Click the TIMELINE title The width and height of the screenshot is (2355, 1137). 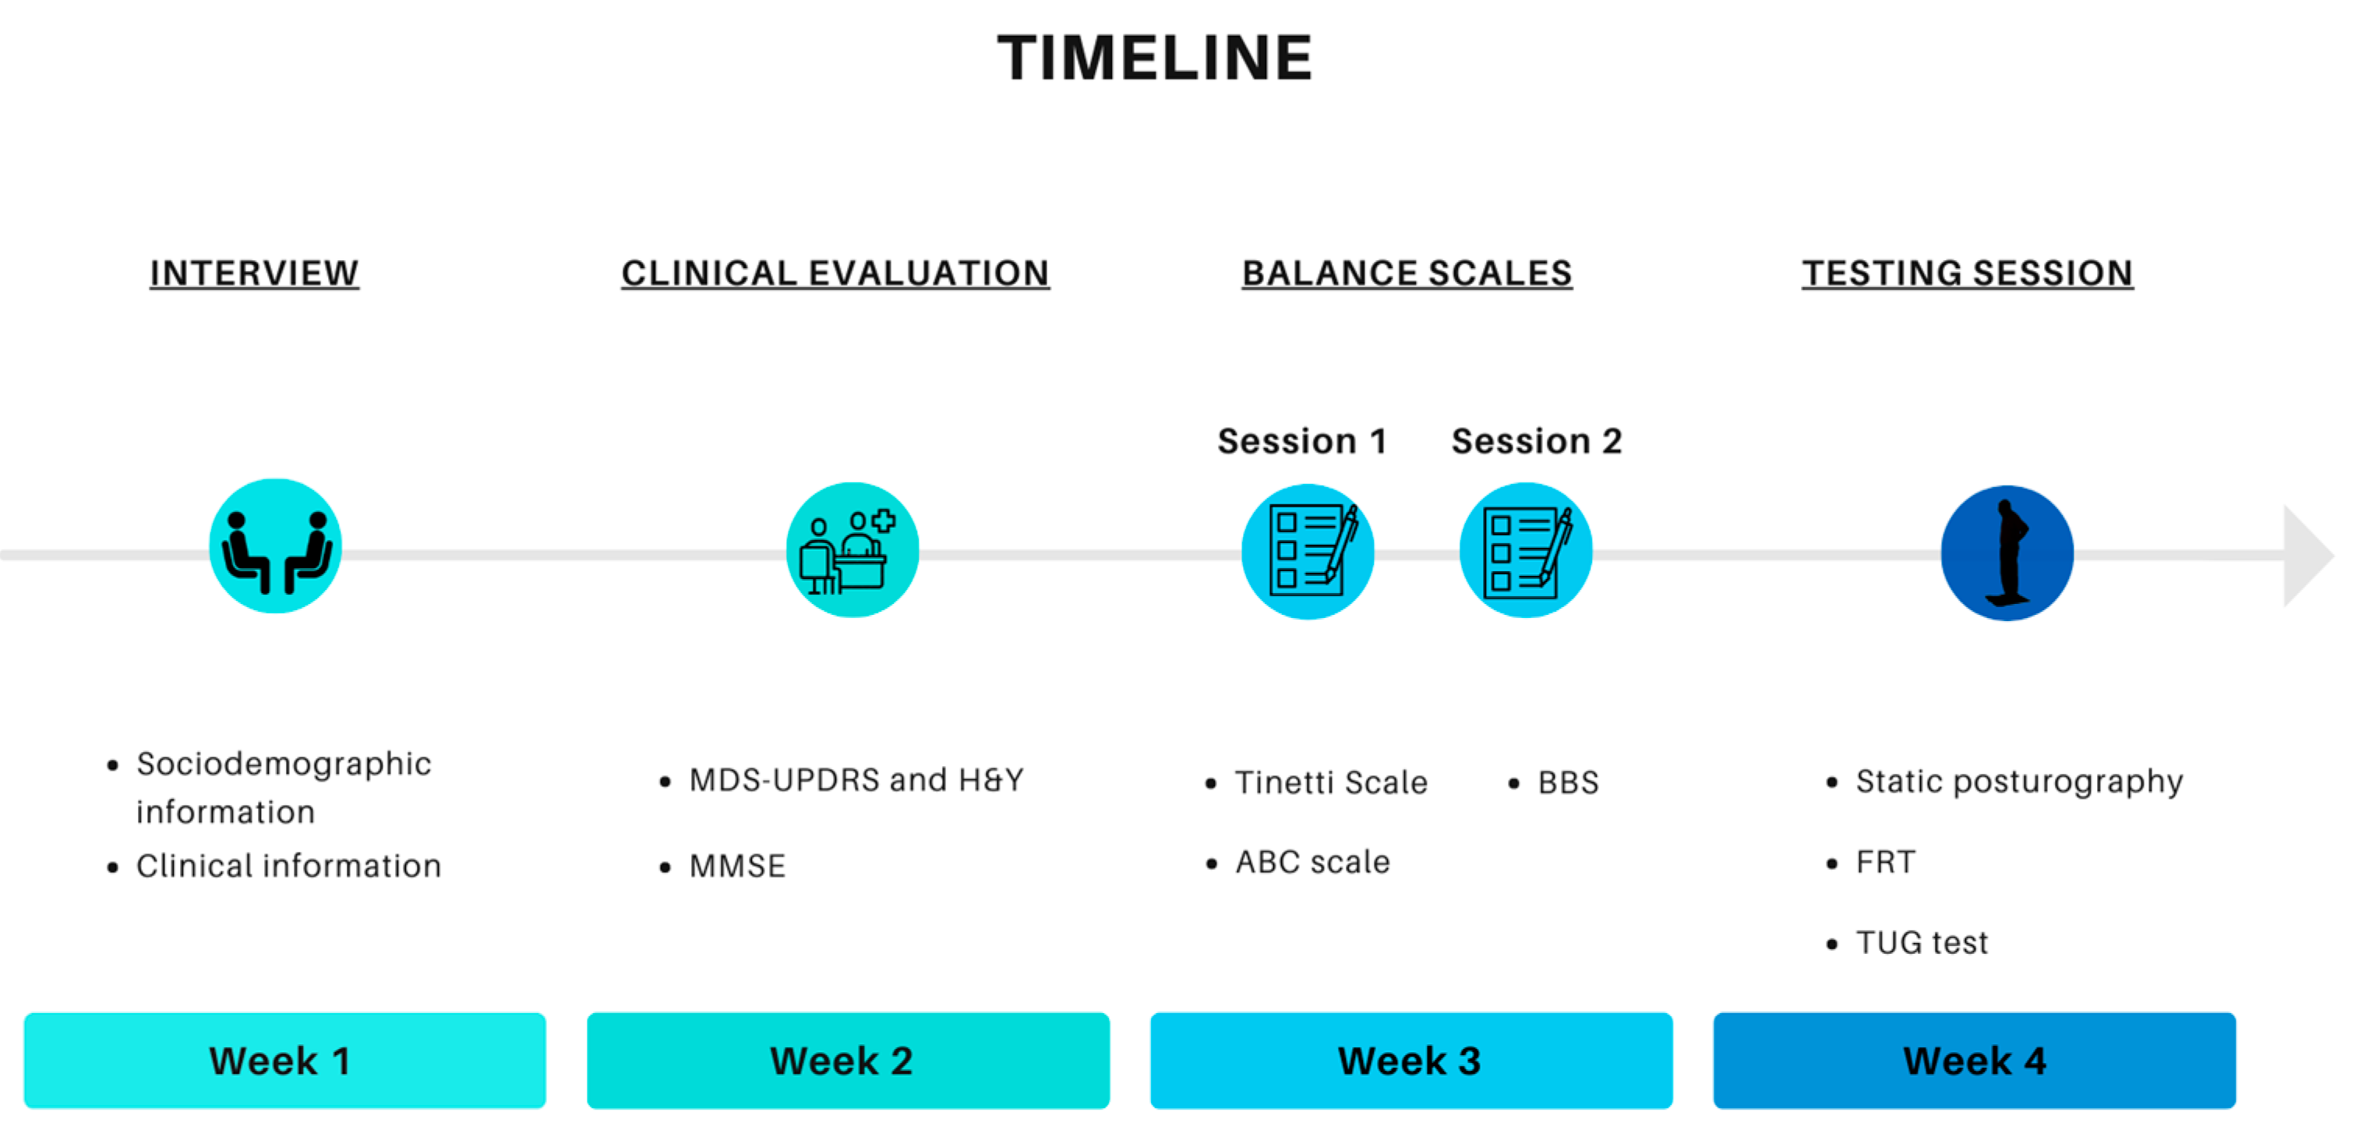point(1155,58)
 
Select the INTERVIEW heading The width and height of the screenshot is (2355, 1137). point(254,273)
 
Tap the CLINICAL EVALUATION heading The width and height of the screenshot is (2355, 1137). point(835,273)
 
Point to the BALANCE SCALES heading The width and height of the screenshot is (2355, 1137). point(1407,273)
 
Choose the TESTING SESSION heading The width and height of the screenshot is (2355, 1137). point(1968,273)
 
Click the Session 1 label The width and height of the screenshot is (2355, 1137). point(1302,440)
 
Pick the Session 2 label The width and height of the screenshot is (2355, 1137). point(1537,440)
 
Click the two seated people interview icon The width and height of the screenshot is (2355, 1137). point(275,546)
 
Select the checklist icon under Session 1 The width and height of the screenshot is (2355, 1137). point(1308,551)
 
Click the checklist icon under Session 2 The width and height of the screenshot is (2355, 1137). point(1526,550)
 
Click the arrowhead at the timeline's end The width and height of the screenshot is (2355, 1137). point(2307,555)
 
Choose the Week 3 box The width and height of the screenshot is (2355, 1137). point(1411,1060)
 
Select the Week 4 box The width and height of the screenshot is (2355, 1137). point(1975,1060)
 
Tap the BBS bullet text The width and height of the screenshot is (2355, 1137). point(1568,782)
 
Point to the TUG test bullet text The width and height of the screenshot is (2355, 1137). point(1922,942)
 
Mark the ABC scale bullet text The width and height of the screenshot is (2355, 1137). point(1313,862)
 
